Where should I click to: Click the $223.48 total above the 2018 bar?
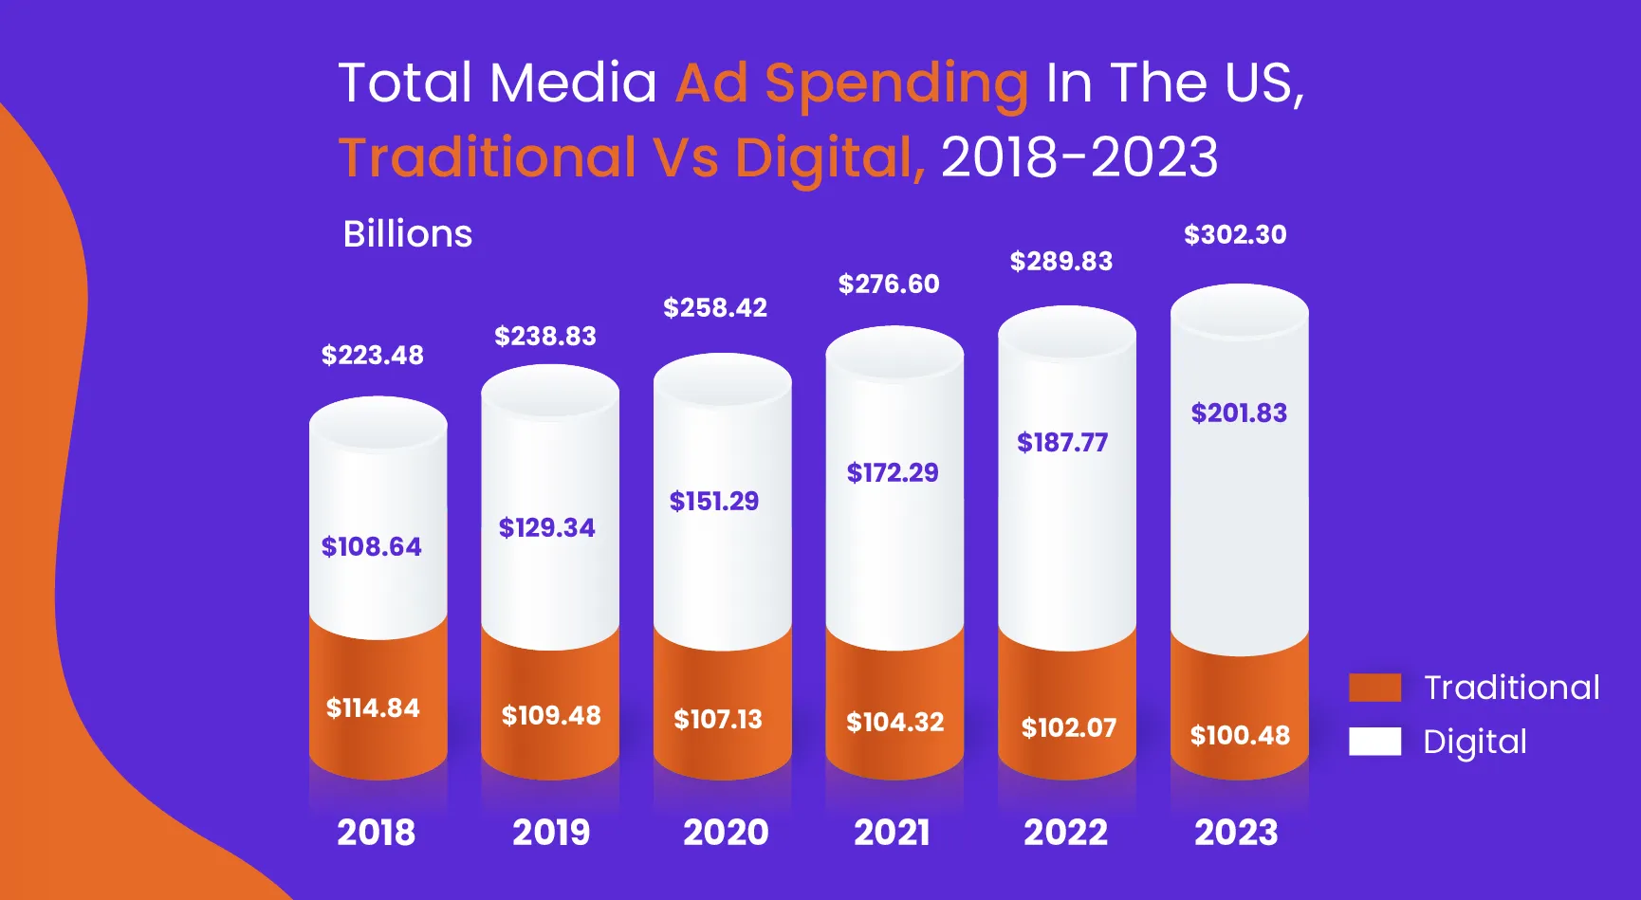372,356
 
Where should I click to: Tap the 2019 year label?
551,833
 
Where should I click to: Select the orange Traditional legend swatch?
1374,688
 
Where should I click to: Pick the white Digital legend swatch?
1374,742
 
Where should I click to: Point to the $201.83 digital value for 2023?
1239,413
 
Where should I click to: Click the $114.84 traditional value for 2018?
373,708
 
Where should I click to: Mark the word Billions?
408,234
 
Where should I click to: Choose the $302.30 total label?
1235,235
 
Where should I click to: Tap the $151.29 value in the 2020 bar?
714,502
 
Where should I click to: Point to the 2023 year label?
1236,833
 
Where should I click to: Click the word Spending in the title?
896,83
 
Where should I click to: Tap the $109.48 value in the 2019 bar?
551,716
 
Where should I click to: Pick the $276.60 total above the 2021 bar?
889,285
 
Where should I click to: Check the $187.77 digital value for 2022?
1062,443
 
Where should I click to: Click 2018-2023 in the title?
1079,157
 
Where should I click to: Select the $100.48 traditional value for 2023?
1240,736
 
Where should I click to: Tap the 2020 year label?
726,833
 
